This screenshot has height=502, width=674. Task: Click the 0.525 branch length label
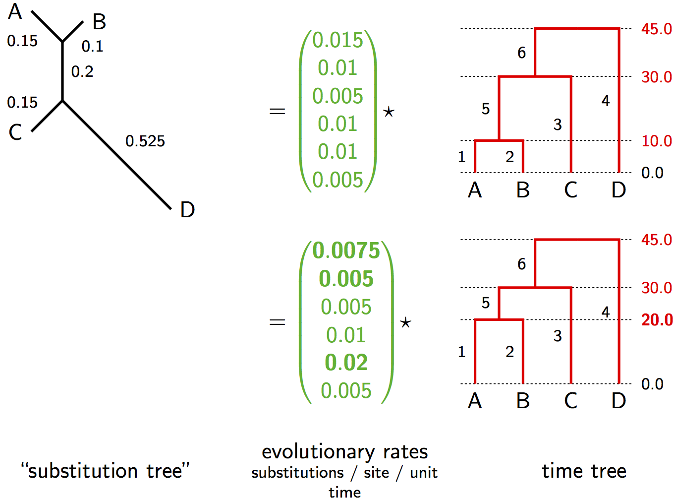click(145, 141)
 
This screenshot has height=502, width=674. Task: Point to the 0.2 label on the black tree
click(82, 72)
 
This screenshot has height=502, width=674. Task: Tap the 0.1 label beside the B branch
click(92, 47)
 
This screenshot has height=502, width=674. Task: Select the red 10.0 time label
click(656, 141)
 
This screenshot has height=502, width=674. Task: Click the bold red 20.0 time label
click(657, 320)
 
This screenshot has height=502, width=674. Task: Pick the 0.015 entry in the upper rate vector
click(337, 40)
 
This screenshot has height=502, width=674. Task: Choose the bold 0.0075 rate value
click(346, 251)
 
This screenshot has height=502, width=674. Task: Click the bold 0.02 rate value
click(346, 363)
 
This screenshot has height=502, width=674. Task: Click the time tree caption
click(584, 471)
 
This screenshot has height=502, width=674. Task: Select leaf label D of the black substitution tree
click(187, 210)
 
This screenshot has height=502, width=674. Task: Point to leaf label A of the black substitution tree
click(15, 11)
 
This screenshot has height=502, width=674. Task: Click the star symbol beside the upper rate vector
click(389, 112)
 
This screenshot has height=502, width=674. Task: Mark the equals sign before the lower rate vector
click(277, 322)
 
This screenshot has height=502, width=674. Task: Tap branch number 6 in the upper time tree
click(521, 53)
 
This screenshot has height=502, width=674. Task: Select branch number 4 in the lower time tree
click(605, 312)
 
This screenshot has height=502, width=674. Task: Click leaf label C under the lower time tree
click(570, 401)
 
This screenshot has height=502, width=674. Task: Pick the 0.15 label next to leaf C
click(22, 103)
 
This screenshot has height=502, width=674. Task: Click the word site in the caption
click(376, 473)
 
